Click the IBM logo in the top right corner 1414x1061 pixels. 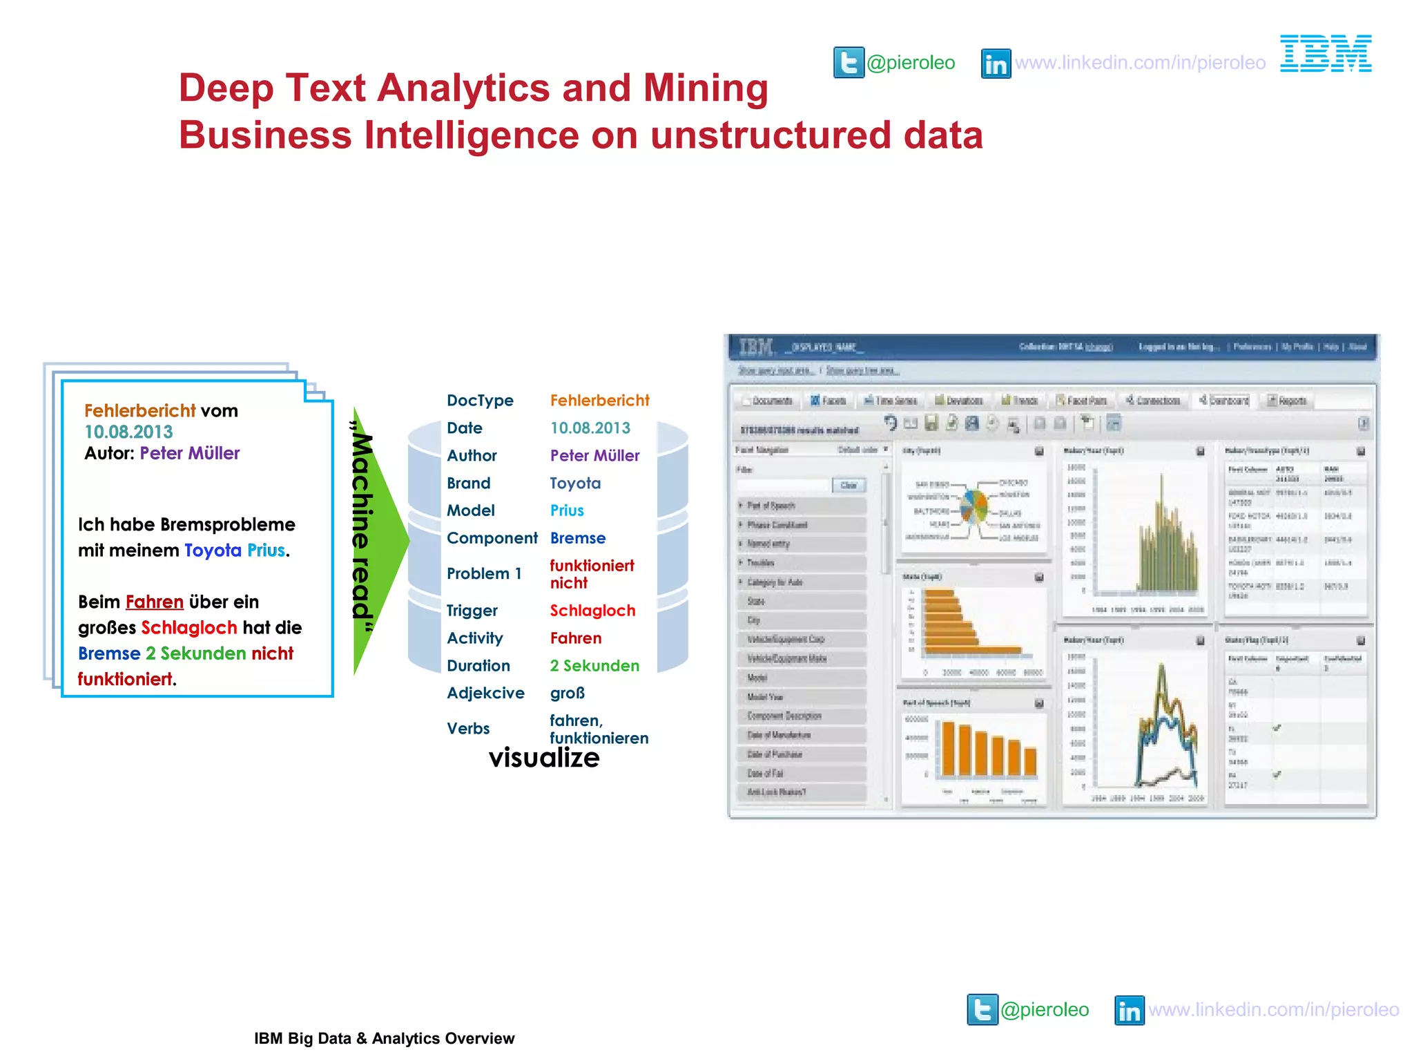1325,54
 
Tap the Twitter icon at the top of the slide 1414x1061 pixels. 848,63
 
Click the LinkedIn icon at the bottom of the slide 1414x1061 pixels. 1129,1011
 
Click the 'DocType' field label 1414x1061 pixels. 480,401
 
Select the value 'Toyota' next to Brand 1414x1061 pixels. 575,484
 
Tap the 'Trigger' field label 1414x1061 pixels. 472,611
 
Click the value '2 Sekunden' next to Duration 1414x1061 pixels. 594,666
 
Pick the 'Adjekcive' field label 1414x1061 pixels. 485,693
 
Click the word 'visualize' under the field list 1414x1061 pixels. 544,758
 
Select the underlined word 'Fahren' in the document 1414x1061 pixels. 154,602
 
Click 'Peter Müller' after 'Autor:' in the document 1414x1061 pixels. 190,453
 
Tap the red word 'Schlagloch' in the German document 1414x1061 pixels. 189,627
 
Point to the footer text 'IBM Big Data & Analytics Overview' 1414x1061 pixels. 384,1038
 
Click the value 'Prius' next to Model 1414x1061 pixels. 567,510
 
